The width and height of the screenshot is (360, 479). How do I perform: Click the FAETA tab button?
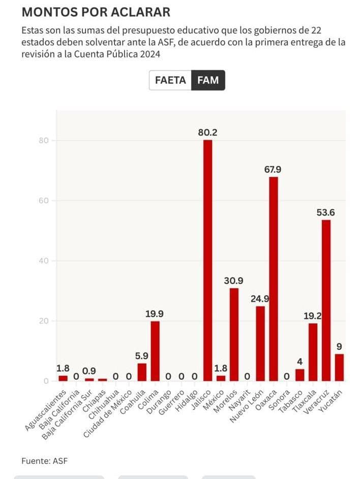(x=170, y=80)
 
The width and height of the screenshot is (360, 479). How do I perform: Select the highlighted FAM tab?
(x=208, y=80)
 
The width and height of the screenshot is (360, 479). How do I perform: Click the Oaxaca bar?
(x=274, y=279)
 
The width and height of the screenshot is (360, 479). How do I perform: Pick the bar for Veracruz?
(x=326, y=300)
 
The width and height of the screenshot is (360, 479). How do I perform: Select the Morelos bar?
(x=234, y=335)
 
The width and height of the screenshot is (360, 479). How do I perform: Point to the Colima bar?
(x=155, y=351)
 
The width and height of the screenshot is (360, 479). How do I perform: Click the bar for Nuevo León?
(x=260, y=343)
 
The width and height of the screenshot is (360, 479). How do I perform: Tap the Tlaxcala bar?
(x=313, y=352)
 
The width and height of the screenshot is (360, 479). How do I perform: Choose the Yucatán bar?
(x=339, y=367)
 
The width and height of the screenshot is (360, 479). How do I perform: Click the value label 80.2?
(x=207, y=132)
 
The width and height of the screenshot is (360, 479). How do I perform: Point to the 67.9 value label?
(x=273, y=169)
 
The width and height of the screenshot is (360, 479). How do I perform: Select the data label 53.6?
(x=326, y=213)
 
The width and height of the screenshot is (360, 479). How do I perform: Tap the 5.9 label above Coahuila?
(x=141, y=356)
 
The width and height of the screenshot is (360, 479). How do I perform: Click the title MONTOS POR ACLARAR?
(x=96, y=12)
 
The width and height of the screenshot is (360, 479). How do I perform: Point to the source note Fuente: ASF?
(x=44, y=461)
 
